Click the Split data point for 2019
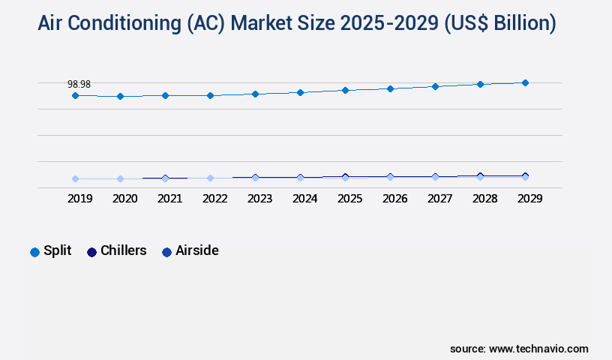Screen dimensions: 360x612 (x=75, y=95)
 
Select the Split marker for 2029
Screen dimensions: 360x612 (x=525, y=82)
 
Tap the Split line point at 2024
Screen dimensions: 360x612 (x=300, y=92)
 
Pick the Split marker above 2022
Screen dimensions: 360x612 (x=210, y=95)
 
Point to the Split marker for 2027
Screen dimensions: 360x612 (x=435, y=86)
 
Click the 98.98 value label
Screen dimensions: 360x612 (x=79, y=84)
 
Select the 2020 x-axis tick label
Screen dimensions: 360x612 (x=124, y=199)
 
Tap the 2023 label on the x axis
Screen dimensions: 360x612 (x=259, y=199)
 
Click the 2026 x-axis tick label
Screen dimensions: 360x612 (x=394, y=199)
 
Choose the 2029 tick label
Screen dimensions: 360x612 (x=529, y=199)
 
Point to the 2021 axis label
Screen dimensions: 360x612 (x=169, y=199)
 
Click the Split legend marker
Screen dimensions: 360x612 (x=34, y=252)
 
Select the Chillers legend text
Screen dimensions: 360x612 (x=123, y=250)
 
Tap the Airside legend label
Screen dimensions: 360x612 (x=196, y=250)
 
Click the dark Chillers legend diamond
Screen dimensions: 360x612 (x=92, y=252)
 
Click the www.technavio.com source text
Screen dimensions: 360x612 (x=538, y=349)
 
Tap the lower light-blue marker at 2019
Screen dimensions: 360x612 (x=75, y=178)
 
